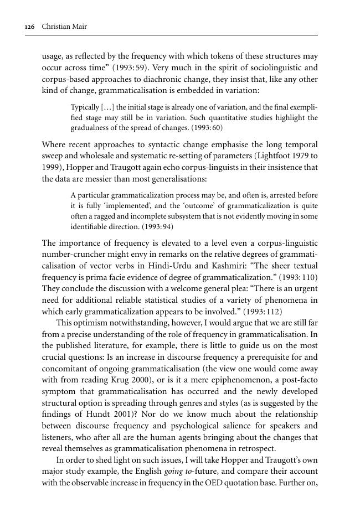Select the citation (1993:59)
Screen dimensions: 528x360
point(131,68)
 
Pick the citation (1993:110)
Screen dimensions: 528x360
point(299,277)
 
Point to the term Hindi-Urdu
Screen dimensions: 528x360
point(153,266)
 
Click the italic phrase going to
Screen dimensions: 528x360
point(177,472)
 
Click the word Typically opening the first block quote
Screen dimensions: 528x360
point(85,107)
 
